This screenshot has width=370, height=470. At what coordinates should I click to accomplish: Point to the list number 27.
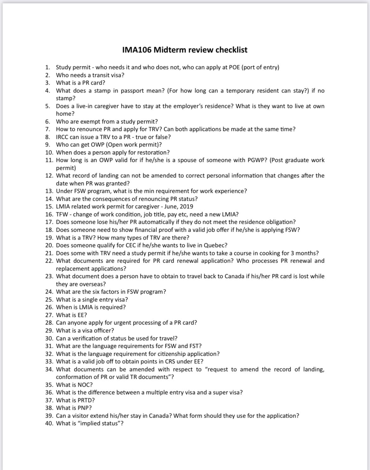coord(49,315)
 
